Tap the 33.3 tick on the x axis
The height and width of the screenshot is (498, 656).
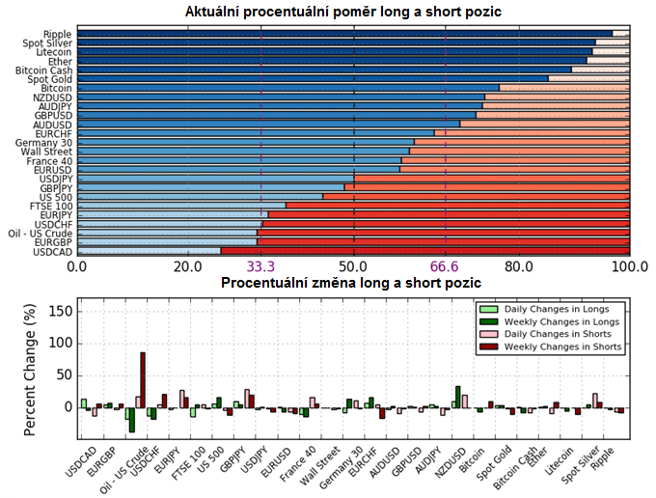[x=261, y=266]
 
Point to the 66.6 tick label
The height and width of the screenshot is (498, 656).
[x=446, y=266]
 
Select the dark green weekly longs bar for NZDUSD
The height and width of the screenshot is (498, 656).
[x=457, y=397]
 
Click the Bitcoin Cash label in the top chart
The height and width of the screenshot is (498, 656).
[x=44, y=70]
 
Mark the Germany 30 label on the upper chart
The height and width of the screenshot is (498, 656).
[x=44, y=143]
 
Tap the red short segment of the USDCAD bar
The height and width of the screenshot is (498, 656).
[x=424, y=252]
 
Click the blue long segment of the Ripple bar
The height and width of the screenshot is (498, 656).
[x=338, y=34]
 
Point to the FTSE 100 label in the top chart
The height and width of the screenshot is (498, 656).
[x=50, y=207]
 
